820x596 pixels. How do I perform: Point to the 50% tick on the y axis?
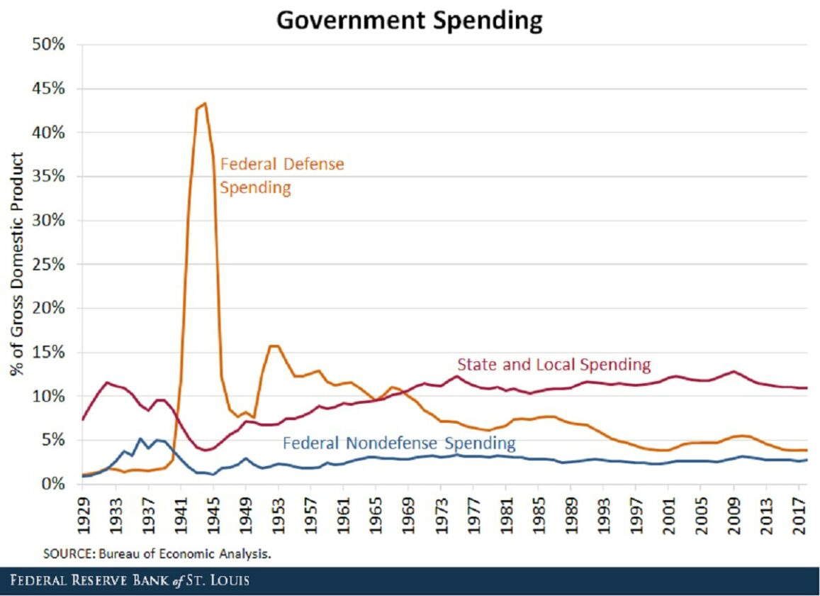49,45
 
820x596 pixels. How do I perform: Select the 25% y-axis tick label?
49,264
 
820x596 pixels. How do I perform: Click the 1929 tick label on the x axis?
84,509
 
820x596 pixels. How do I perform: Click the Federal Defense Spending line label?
281,176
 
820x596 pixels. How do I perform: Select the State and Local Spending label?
554,365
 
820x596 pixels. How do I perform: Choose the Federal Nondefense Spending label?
399,443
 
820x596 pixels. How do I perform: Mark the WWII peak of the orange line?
205,103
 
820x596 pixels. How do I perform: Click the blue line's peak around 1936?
140,438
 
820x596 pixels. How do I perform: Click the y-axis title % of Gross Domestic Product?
16,264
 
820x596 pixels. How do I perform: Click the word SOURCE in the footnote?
64,552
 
